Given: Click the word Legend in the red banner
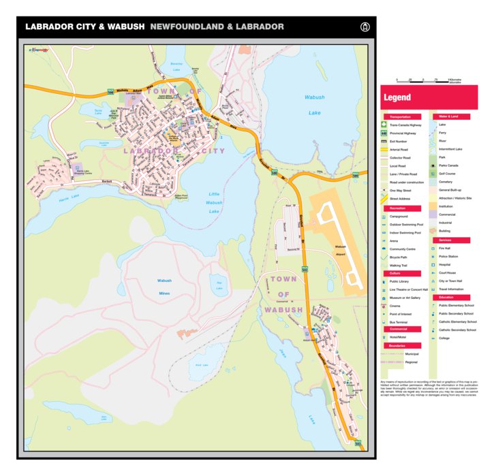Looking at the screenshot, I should (397, 98).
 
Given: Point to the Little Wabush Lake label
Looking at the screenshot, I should (215, 202).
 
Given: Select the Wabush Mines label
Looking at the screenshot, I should (164, 287).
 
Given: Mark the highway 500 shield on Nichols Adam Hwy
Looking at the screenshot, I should (110, 92).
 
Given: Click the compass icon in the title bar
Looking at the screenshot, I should (365, 27).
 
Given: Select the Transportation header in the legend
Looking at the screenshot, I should (401, 117).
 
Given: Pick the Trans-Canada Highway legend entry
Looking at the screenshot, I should (405, 125).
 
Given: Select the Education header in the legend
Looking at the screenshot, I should (446, 298).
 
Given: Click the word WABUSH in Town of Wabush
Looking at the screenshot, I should (283, 311).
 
